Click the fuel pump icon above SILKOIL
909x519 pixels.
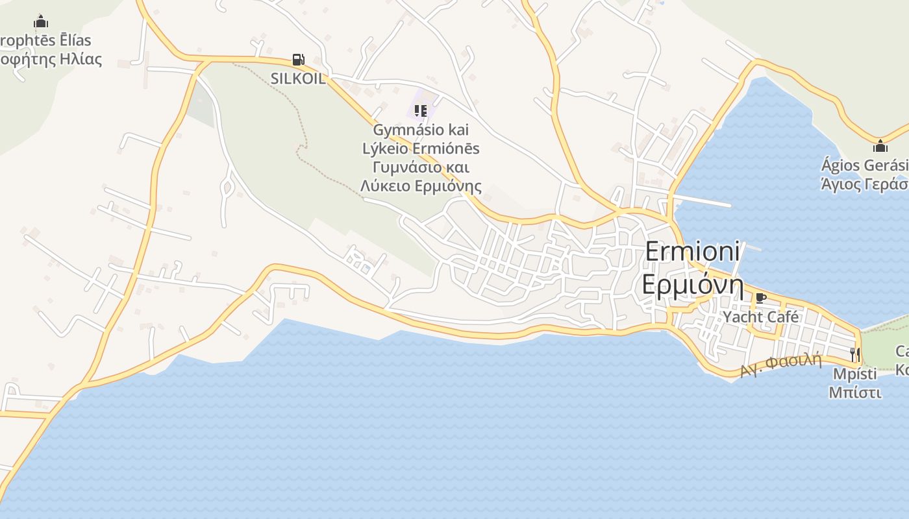(298, 60)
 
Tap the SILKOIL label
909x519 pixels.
(298, 78)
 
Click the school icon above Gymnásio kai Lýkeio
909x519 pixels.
(421, 111)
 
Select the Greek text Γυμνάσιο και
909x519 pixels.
(421, 167)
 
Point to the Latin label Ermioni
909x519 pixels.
(692, 252)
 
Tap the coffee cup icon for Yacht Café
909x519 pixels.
(761, 298)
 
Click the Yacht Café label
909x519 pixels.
(761, 317)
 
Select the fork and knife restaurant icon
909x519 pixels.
(854, 354)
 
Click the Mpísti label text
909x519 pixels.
(854, 374)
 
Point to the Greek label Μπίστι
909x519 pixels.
(854, 392)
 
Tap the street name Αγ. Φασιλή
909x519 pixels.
(780, 365)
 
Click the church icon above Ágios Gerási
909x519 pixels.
(880, 146)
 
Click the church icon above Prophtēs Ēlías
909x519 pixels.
(41, 21)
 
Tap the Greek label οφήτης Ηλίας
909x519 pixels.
(52, 60)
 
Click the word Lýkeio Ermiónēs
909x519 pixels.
(421, 149)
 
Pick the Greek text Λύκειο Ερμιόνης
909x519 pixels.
(421, 187)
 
